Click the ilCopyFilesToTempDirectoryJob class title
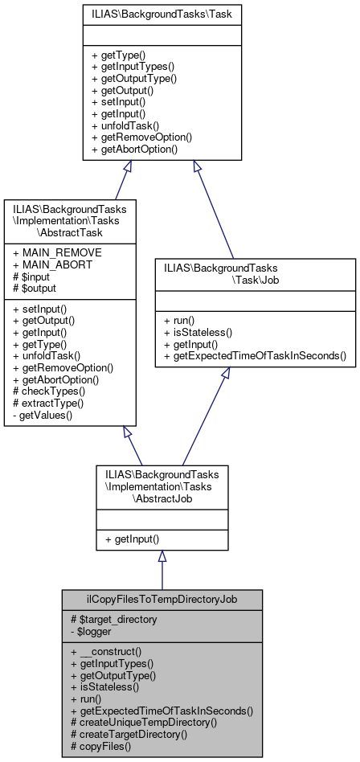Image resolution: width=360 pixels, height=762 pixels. point(162,600)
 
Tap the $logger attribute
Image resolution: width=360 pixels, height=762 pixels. point(97,630)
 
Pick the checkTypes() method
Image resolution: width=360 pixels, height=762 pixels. point(49,391)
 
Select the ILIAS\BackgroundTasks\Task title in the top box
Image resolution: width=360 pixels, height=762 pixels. point(162,14)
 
